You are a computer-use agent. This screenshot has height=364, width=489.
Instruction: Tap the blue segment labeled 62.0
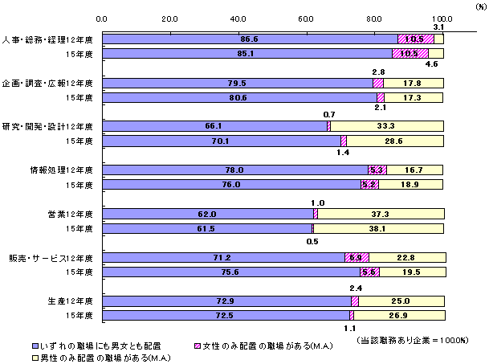click(x=207, y=215)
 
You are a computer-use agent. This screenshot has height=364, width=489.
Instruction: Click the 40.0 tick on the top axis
click(x=238, y=18)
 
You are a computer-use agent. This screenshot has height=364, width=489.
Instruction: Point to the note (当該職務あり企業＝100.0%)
click(x=411, y=341)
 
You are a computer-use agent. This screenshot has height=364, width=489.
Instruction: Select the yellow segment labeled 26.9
click(x=397, y=316)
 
